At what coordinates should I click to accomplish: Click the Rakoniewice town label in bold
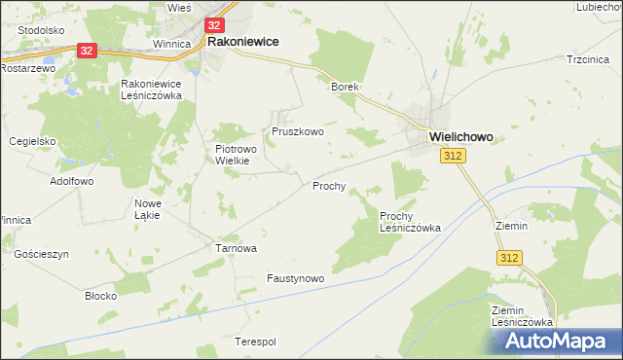[x=242, y=42]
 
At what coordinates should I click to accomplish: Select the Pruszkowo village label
[x=297, y=130]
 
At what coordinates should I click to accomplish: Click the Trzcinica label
[x=588, y=59]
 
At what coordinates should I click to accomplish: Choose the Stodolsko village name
[x=41, y=30]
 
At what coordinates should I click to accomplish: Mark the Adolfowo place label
[x=71, y=181]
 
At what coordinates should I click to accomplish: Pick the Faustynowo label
[x=295, y=277]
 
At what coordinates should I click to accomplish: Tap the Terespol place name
[x=256, y=342]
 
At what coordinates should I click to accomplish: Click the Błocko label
[x=101, y=295]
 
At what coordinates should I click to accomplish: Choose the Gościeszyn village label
[x=42, y=253]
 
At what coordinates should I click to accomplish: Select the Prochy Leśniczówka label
[x=410, y=221]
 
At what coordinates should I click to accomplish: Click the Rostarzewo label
[x=24, y=69]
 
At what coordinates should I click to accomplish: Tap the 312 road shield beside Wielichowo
[x=451, y=157]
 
